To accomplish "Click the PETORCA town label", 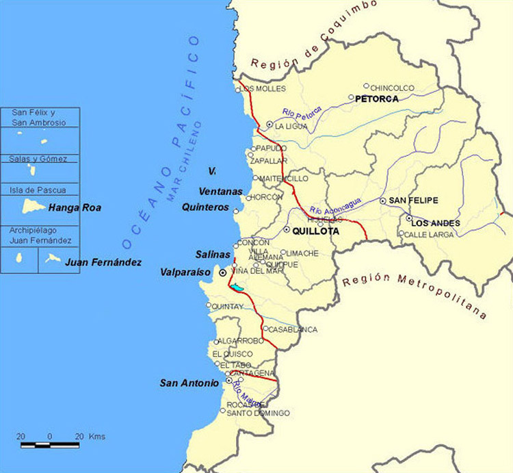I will coord(377,99).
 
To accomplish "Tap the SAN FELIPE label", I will coord(413,200).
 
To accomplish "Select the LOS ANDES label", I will coord(436,223).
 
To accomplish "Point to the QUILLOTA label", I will coord(315,231).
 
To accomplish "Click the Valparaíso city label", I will coord(185,272).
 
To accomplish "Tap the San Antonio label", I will coord(189,383).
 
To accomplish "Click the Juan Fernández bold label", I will coord(103,261).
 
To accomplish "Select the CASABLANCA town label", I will coord(293,329).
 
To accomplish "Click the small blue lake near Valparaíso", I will coord(237,288).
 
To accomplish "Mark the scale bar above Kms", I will coord(50,445).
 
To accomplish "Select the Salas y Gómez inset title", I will coord(38,159).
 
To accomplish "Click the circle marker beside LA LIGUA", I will coord(269,125).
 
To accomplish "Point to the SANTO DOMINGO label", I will coord(258,413).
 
